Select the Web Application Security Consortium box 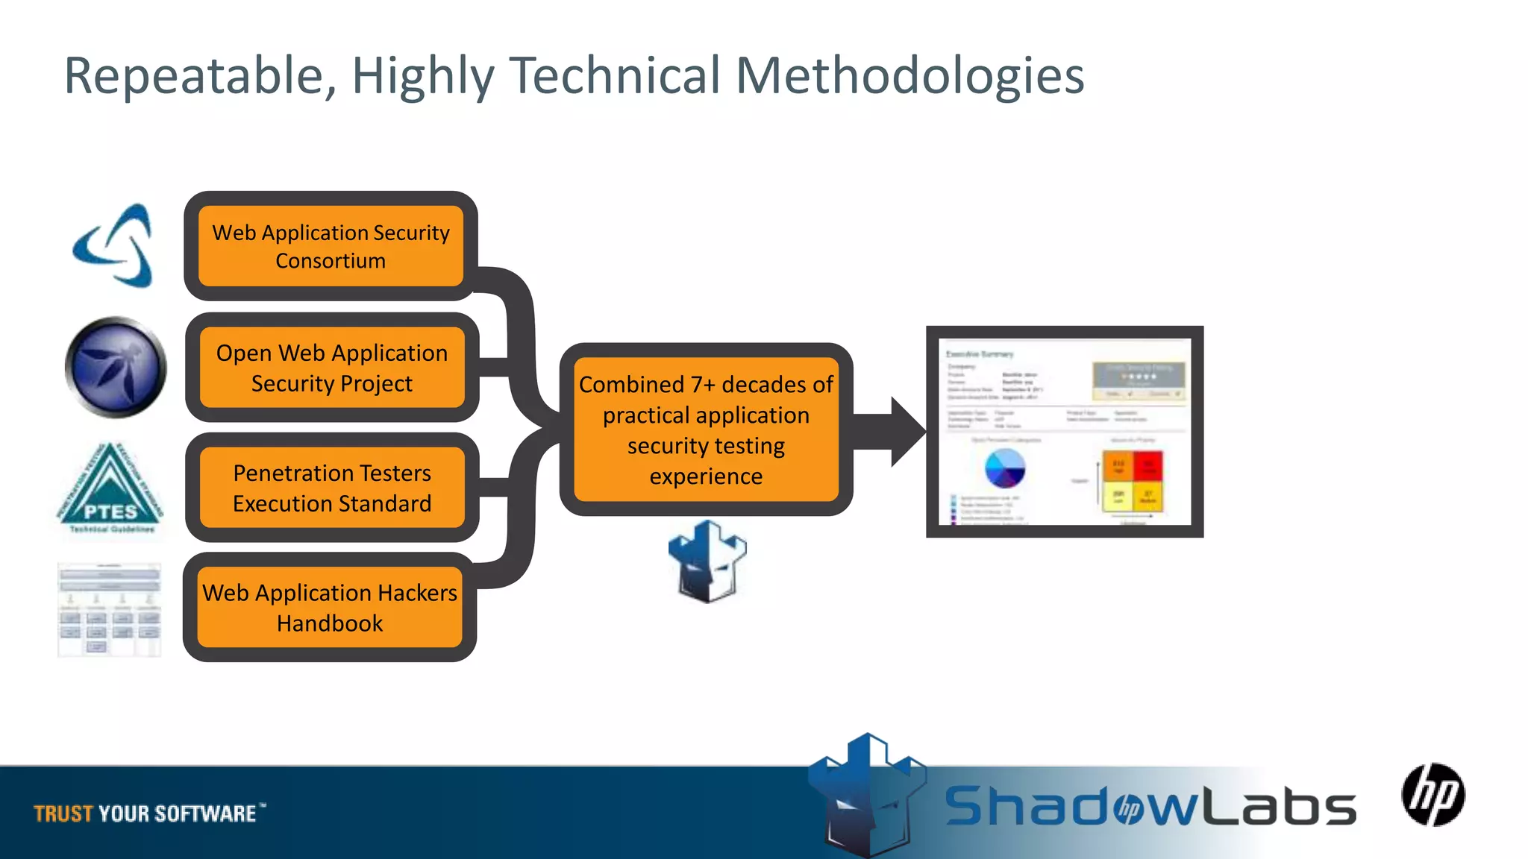point(331,246)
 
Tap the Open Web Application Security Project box point(331,368)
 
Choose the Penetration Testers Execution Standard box point(331,488)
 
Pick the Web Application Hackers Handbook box point(329,607)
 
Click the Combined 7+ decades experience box point(706,429)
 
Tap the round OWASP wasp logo point(116,368)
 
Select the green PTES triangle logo point(110,488)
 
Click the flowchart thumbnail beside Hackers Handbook point(110,610)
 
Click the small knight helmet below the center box point(707,561)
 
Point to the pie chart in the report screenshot point(1005,468)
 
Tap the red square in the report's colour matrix point(1147,467)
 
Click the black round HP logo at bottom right point(1432,795)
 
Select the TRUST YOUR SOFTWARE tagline point(146,813)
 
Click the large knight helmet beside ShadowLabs point(868,794)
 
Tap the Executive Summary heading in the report point(980,354)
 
